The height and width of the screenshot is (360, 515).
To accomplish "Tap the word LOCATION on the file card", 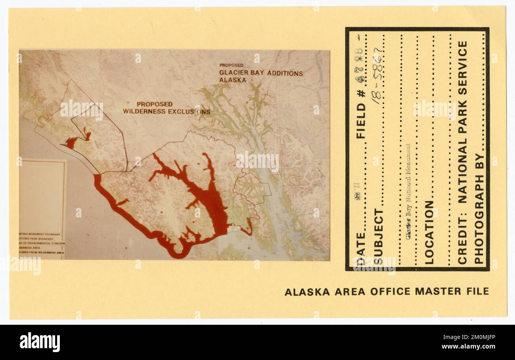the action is (x=429, y=232).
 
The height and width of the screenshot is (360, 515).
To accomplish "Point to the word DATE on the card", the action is (x=361, y=248).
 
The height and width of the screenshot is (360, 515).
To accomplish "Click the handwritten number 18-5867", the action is (x=377, y=75).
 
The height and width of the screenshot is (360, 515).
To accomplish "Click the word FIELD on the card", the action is (x=361, y=120).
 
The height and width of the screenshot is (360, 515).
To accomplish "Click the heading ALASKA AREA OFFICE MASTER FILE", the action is (x=387, y=292).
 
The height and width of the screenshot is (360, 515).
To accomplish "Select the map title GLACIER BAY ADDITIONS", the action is (x=261, y=73).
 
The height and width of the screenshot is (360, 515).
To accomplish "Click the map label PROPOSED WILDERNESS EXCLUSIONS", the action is (x=166, y=108).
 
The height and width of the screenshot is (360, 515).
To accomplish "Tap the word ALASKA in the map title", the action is (x=233, y=80).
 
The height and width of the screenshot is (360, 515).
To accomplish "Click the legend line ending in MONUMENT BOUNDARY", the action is (x=40, y=234).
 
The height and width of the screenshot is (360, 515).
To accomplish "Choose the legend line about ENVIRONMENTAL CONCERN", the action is (x=42, y=243).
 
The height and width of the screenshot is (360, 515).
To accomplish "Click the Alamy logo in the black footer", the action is (x=40, y=342).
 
